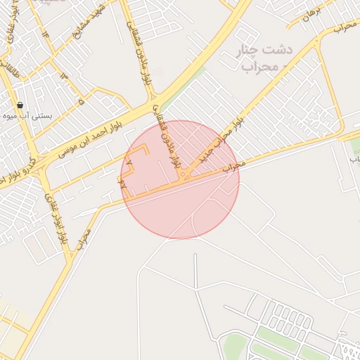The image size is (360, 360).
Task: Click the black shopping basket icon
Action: pyautogui.click(x=19, y=105)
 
